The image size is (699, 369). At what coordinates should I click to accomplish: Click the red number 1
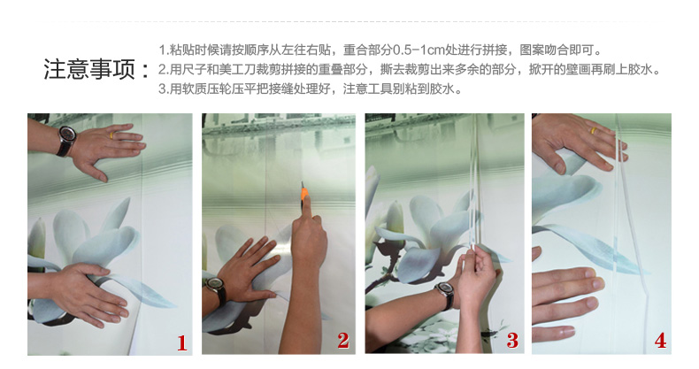coord(182,343)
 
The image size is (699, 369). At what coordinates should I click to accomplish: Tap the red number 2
coord(343,341)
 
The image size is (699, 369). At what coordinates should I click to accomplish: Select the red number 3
coord(512,341)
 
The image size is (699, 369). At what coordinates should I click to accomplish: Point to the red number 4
coord(660,341)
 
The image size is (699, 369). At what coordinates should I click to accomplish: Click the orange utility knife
coord(304,197)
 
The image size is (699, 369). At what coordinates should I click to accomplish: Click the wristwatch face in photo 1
coord(67,134)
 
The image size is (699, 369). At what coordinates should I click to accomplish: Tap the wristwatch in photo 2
coord(217,288)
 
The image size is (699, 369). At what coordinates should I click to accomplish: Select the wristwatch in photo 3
coord(444,295)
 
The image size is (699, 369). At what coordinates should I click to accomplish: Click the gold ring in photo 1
coord(112,135)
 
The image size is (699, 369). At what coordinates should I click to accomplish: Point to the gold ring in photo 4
coord(594,131)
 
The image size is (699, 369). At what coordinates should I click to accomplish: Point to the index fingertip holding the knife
coord(316,219)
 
